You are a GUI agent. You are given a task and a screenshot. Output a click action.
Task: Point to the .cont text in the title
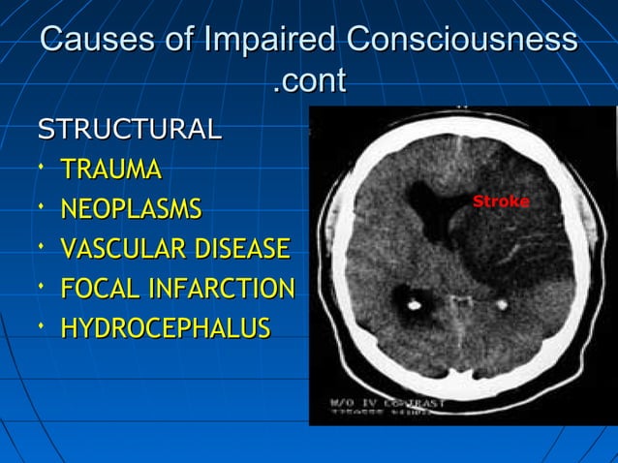tap(309, 81)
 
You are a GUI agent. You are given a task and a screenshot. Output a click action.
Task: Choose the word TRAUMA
tap(110, 170)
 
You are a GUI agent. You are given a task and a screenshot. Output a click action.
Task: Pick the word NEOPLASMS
tap(131, 209)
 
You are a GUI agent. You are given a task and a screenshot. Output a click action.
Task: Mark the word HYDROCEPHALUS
tap(165, 328)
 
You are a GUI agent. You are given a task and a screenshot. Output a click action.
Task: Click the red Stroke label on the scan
tap(501, 201)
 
